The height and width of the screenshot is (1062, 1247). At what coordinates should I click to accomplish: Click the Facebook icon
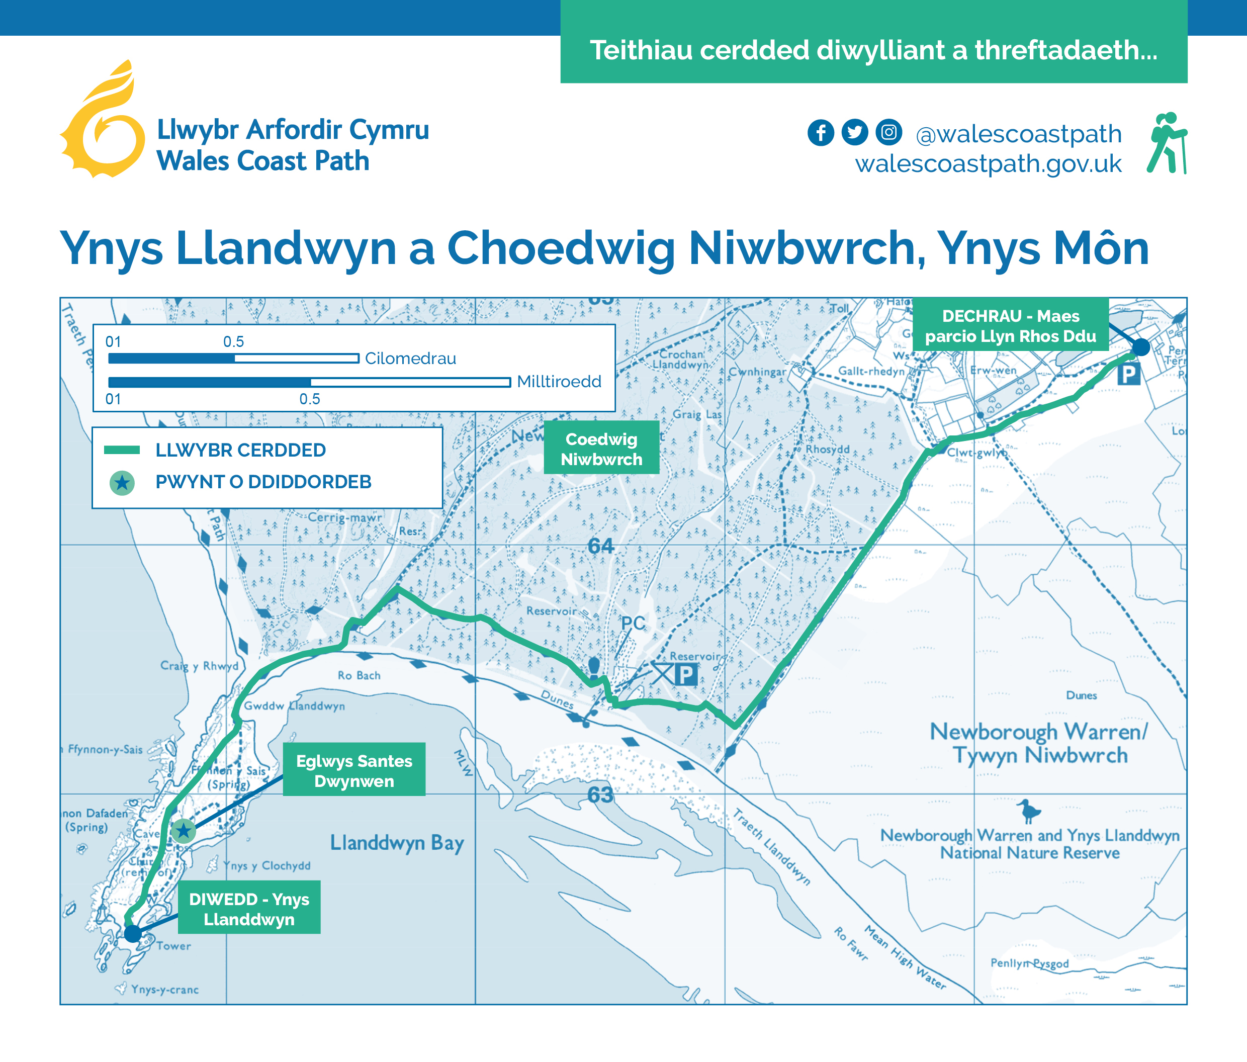coord(820,132)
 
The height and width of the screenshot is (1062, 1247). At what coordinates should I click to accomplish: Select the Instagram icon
coord(889,132)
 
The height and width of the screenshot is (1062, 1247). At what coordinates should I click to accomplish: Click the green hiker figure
coord(1167,143)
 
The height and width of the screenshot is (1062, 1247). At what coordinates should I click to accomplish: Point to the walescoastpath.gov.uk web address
coord(988,163)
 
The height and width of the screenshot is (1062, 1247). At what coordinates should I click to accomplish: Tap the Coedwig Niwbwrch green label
coord(601,449)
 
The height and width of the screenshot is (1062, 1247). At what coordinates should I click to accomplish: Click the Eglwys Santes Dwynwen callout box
coord(354,771)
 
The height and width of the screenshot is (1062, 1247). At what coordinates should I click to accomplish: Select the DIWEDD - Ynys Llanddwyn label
coord(249,909)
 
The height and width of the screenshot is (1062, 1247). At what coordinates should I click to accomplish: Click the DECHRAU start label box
coord(1011,325)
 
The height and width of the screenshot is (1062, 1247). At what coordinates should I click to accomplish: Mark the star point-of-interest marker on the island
coord(184,831)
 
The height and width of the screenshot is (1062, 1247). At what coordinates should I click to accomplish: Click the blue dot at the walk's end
coord(132,934)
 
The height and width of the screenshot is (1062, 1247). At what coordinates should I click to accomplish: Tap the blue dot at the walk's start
coord(1140,346)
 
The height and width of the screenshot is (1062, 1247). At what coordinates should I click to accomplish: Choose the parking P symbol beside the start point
coord(1128,375)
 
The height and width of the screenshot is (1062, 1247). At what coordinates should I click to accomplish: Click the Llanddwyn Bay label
coord(397,843)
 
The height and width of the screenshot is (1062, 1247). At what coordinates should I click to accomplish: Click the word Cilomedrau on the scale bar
coord(410,359)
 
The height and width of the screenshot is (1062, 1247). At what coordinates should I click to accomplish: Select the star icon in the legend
coord(122,483)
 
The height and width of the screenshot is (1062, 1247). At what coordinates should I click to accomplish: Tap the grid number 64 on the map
coord(600,546)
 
